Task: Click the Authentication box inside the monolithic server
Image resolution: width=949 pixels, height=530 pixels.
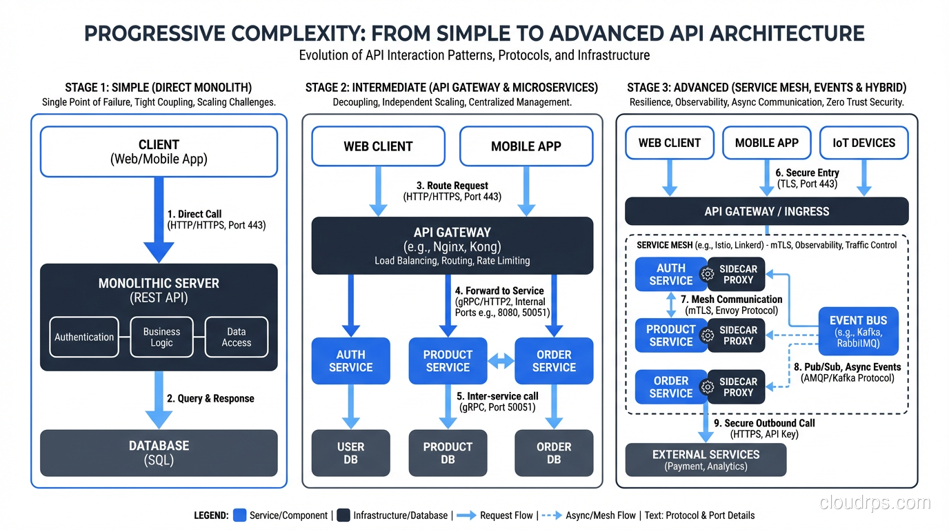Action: pyautogui.click(x=84, y=337)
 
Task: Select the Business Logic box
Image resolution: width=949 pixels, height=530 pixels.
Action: pyautogui.click(x=161, y=337)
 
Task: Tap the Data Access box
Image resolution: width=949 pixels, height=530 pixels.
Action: pyautogui.click(x=236, y=337)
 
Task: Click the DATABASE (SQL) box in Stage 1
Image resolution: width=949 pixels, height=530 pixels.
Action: pyautogui.click(x=159, y=453)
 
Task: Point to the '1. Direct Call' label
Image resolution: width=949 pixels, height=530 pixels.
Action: pyautogui.click(x=194, y=214)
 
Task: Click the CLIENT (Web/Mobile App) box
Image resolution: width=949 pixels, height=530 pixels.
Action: pyautogui.click(x=159, y=151)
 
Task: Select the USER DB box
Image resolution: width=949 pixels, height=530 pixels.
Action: pyautogui.click(x=350, y=453)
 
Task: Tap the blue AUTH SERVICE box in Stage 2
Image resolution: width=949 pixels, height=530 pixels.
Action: pyautogui.click(x=350, y=361)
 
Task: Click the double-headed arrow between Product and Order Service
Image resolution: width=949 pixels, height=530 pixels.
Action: pyautogui.click(x=501, y=361)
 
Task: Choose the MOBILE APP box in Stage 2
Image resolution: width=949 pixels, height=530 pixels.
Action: pyautogui.click(x=526, y=146)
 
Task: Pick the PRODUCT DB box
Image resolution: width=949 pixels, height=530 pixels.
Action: pyautogui.click(x=448, y=453)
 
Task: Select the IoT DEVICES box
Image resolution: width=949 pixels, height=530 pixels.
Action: pyautogui.click(x=863, y=144)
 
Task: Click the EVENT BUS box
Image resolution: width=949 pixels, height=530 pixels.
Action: pyautogui.click(x=858, y=332)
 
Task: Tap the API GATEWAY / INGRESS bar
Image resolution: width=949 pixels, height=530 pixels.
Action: pyautogui.click(x=766, y=212)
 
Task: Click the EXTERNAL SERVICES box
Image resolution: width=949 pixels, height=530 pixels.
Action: pyautogui.click(x=706, y=460)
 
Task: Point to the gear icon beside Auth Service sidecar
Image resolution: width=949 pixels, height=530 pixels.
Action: pyautogui.click(x=707, y=274)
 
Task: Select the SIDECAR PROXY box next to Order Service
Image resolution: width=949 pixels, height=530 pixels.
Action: pyautogui.click(x=737, y=387)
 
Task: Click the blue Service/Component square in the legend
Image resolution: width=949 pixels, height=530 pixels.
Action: pyautogui.click(x=240, y=515)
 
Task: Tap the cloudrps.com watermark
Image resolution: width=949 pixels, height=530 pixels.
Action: pyautogui.click(x=875, y=503)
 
